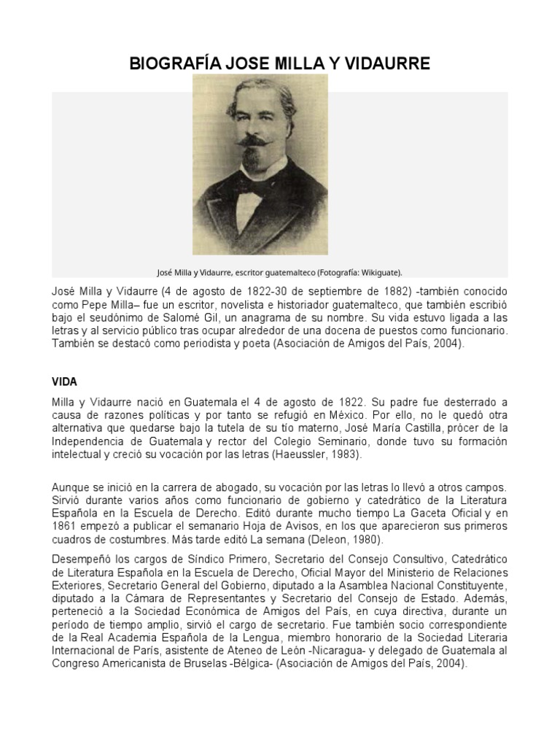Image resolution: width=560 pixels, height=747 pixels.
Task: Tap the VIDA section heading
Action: [65, 381]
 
